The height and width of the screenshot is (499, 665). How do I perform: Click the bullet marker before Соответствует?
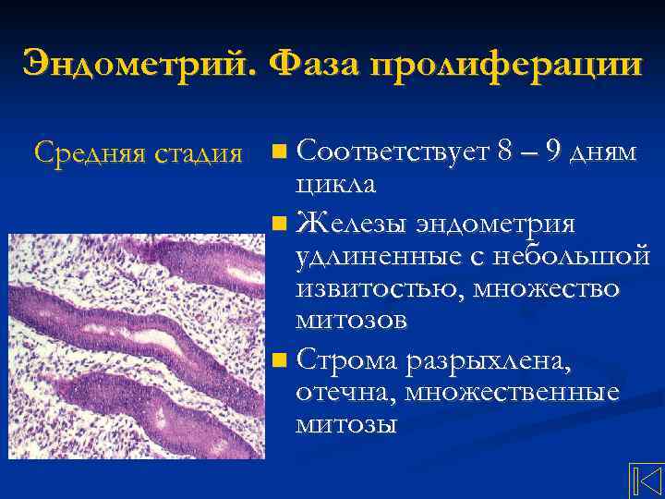click(x=282, y=151)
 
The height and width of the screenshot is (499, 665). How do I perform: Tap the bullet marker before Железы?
click(x=282, y=223)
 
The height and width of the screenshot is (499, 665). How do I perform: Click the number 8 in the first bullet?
click(x=505, y=150)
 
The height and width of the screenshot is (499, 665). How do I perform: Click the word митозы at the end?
click(x=346, y=424)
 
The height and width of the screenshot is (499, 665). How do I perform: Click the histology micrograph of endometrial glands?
click(x=136, y=347)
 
